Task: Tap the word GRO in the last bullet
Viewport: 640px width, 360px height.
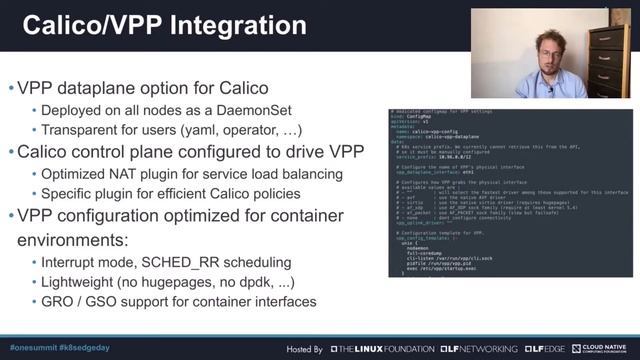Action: pyautogui.click(x=59, y=301)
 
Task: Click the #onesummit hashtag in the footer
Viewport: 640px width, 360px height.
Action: pyautogui.click(x=34, y=348)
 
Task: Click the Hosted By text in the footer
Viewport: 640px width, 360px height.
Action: pyautogui.click(x=304, y=349)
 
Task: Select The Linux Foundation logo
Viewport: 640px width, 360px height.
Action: pyautogui.click(x=382, y=349)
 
